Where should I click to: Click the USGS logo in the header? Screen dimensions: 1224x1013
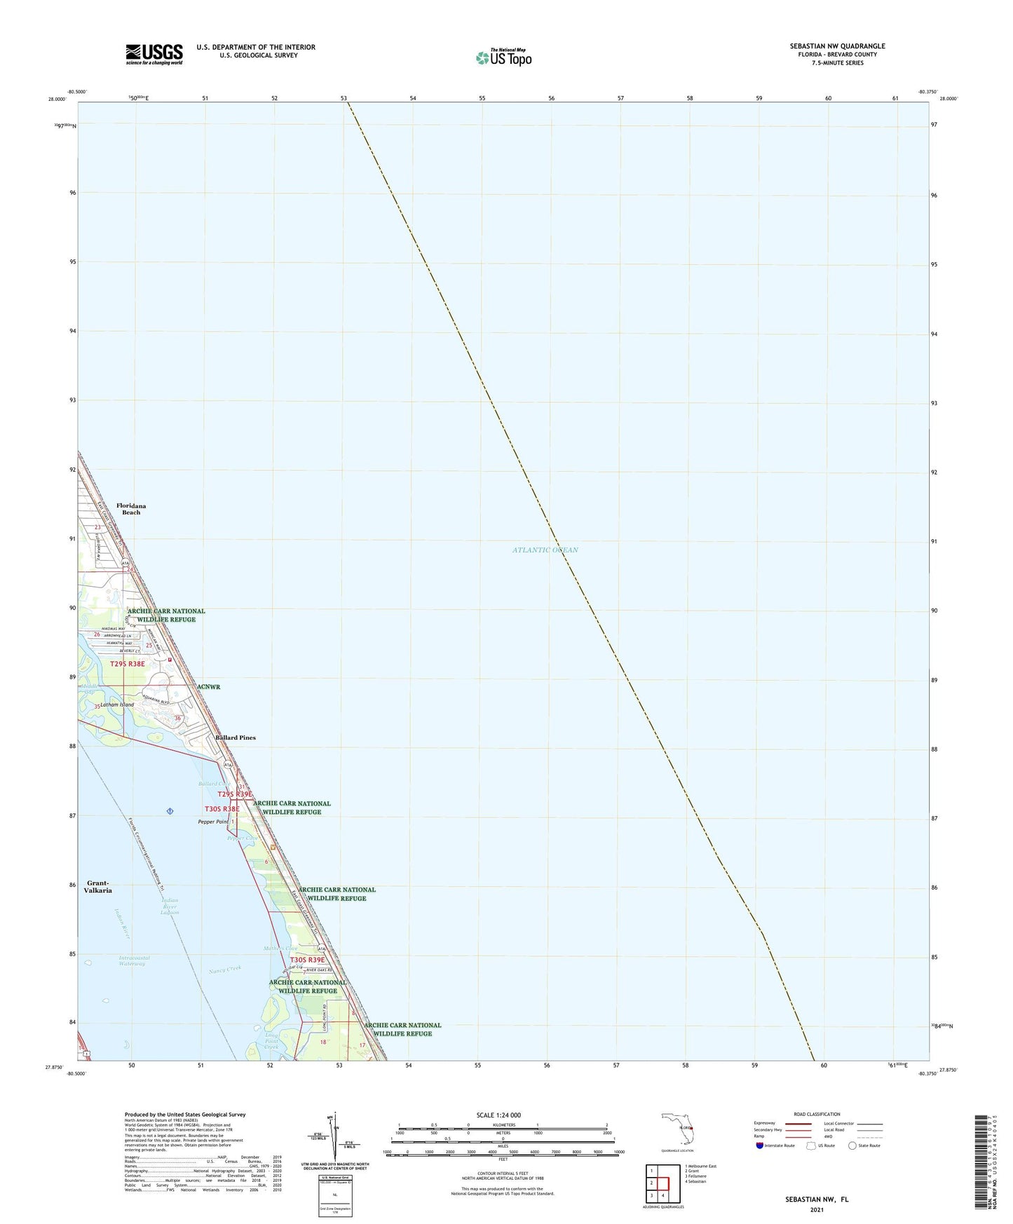click(x=154, y=54)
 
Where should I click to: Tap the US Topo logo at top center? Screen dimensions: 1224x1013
click(x=503, y=57)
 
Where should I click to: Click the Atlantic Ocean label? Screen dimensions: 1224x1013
click(x=545, y=550)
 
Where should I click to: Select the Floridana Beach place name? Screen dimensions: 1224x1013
click(x=131, y=509)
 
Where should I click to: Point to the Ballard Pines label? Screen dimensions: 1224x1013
click(x=236, y=737)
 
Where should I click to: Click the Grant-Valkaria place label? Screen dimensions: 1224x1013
click(x=99, y=887)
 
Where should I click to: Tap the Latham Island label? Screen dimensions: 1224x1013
click(x=117, y=705)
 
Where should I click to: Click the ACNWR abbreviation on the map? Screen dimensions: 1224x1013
click(x=208, y=687)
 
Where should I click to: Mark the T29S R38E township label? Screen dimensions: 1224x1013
click(x=128, y=664)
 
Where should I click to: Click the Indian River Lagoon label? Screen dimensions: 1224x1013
click(x=170, y=906)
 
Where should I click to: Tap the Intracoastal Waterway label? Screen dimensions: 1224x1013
click(x=134, y=960)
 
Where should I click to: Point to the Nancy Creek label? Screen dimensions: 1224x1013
click(x=225, y=970)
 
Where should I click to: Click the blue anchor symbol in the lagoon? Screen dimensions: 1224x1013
click(x=170, y=811)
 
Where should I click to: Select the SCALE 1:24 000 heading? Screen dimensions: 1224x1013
click(x=498, y=1115)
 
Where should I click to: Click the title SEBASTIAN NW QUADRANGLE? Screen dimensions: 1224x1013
click(x=837, y=46)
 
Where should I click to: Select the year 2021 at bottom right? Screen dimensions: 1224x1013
click(x=816, y=1209)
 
